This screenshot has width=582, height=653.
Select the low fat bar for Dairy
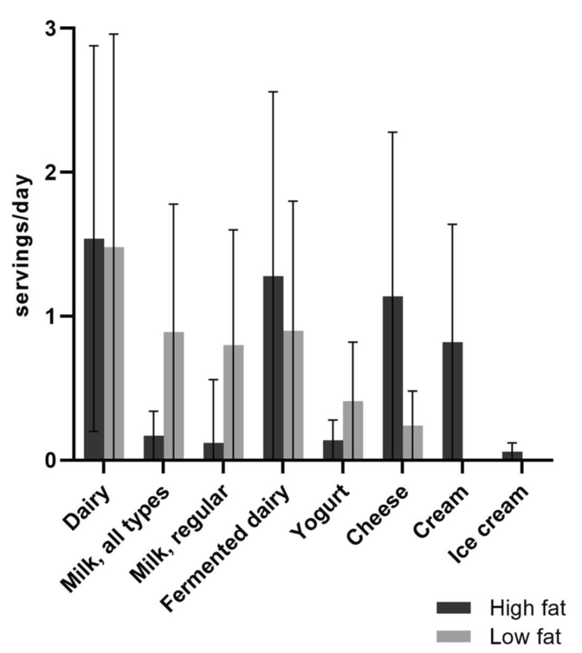tap(114, 353)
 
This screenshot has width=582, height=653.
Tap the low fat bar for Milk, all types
tap(174, 396)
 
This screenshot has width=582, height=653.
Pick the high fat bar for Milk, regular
tap(214, 451)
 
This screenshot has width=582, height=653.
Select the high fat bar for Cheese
tap(393, 378)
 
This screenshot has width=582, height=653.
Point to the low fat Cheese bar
tap(413, 443)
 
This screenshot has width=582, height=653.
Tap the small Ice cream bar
tap(512, 456)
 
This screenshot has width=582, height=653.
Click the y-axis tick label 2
tap(51, 172)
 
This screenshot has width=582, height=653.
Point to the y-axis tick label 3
tap(51, 28)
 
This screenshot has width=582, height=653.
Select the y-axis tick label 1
tap(51, 316)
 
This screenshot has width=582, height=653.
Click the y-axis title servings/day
tap(23, 246)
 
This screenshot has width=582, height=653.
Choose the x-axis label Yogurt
tap(320, 512)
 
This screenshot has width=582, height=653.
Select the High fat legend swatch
tap(454, 608)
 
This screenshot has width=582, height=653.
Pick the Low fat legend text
tap(526, 637)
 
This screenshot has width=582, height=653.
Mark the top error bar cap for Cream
tap(453, 224)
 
